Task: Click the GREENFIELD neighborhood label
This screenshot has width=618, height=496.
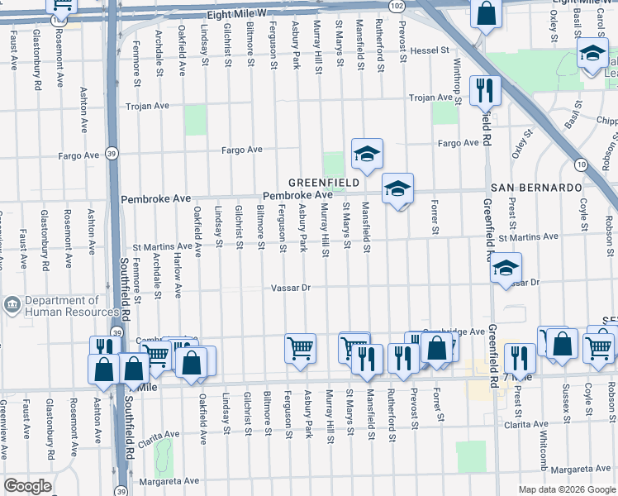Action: pos(323,182)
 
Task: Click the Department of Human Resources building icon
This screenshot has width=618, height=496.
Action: pos(12,305)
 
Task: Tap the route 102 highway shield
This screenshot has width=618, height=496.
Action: pos(397,5)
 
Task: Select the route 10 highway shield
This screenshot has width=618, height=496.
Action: pos(582,165)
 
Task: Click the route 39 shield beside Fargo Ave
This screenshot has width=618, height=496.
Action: pos(112,153)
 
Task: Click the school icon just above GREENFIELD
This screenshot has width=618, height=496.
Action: pos(367,153)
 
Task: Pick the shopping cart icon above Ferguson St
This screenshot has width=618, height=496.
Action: pos(300,347)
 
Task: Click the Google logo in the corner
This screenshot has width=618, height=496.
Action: pos(27,486)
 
